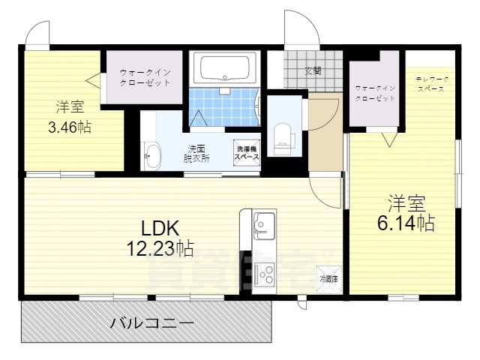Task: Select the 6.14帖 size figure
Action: (x=406, y=223)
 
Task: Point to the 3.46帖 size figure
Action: (x=69, y=127)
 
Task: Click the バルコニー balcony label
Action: (x=152, y=324)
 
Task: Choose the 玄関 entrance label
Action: (x=313, y=71)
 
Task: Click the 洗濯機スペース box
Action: (x=247, y=152)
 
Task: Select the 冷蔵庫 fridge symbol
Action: (x=329, y=276)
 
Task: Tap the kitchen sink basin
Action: (x=265, y=222)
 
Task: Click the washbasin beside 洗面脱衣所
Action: (x=152, y=156)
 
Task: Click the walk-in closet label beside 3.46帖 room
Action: (x=145, y=76)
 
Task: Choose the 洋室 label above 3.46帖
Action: (x=69, y=106)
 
